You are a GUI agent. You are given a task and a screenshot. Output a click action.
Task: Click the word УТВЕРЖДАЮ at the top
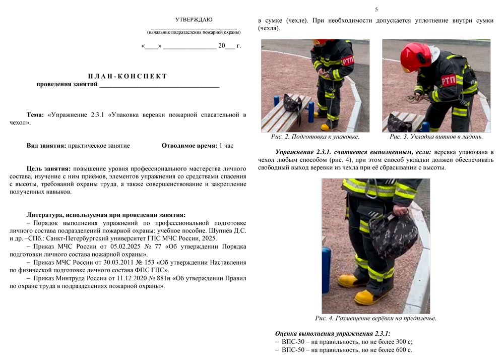pyautogui.click(x=194, y=20)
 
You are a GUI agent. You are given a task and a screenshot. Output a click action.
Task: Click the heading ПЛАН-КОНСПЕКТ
pyautogui.click(x=128, y=76)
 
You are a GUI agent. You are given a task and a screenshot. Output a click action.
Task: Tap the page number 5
pyautogui.click(x=376, y=10)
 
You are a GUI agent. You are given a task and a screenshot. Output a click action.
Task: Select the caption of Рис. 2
pyautogui.click(x=315, y=137)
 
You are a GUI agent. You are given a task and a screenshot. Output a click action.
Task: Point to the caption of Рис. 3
pyautogui.click(x=436, y=137)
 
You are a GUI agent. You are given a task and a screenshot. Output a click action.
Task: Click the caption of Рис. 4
pyautogui.click(x=375, y=318)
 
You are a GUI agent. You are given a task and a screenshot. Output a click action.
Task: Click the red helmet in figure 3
pyautogui.click(x=415, y=55)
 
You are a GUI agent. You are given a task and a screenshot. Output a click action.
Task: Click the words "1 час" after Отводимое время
pyautogui.click(x=226, y=146)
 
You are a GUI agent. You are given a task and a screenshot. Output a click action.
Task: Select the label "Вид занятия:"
pyautogui.click(x=46, y=146)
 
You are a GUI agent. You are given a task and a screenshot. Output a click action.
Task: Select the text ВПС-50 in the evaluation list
pyautogui.click(x=292, y=349)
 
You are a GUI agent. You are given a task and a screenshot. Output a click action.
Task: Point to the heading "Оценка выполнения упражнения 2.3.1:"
pyautogui.click(x=333, y=333)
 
